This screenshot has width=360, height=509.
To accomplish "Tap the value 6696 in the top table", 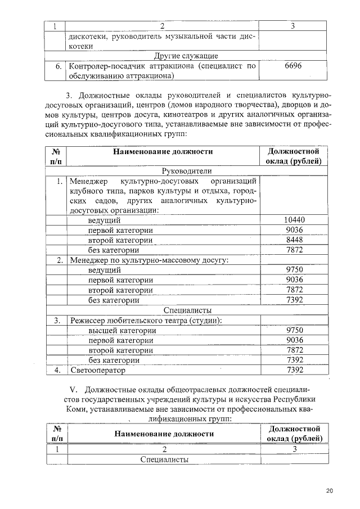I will point(293,66).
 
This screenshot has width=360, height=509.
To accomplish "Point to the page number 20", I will point(330,491).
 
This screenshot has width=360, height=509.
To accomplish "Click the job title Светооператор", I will point(98,370).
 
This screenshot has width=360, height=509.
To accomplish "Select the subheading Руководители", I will point(186,171).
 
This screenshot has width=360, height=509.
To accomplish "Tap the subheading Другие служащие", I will point(186,56).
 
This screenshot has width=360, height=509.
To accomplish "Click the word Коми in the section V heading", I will point(76,409).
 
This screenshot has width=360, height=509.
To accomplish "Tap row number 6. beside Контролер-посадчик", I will point(58,66).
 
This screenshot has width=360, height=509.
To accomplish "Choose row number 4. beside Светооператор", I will point(57,370).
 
